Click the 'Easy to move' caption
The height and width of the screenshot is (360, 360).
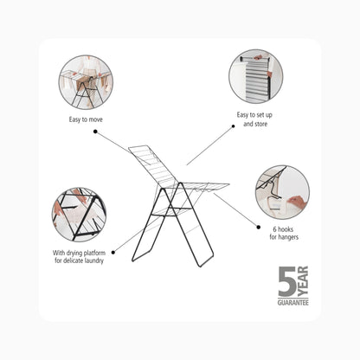[86, 119]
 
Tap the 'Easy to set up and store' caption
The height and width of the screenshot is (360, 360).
[254, 119]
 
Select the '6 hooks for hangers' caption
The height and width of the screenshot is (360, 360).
[284, 234]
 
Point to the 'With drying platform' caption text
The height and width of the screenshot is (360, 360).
[79, 253]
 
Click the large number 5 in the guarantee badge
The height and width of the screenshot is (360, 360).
[287, 281]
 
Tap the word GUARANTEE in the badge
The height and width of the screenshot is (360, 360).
[293, 303]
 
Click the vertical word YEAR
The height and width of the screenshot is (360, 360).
[303, 281]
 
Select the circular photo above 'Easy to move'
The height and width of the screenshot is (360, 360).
[86, 82]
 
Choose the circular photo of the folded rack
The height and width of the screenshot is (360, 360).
[256, 76]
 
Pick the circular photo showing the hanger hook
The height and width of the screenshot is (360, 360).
[282, 192]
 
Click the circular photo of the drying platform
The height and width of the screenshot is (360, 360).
[79, 215]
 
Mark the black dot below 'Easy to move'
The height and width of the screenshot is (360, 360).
[95, 132]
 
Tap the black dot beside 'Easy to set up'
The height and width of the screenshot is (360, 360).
[233, 126]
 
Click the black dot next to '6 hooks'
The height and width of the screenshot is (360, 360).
[259, 228]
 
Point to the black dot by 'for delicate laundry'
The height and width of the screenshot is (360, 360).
[113, 253]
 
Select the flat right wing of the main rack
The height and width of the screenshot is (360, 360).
[202, 187]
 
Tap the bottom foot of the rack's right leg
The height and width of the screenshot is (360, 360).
[206, 262]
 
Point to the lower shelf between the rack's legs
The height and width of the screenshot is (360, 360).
[170, 211]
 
